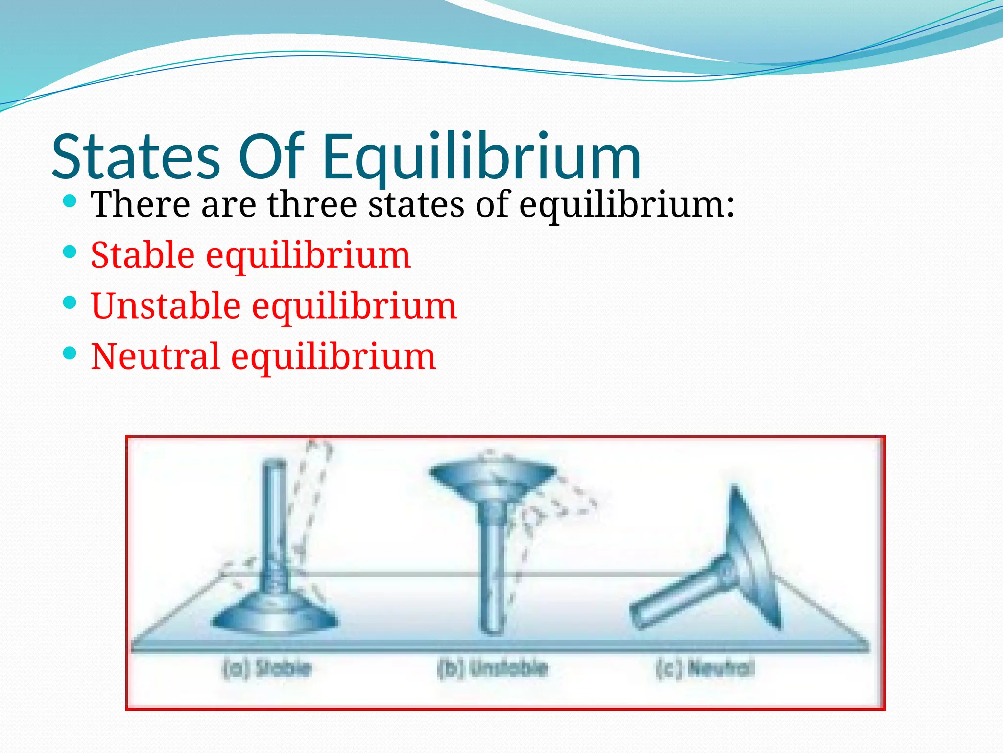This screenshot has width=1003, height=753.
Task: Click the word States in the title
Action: [x=136, y=157]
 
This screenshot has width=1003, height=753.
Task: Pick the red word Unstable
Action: [x=166, y=306]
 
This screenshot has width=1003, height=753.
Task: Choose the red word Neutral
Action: [x=155, y=356]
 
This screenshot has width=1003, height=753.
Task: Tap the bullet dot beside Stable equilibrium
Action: [x=70, y=252]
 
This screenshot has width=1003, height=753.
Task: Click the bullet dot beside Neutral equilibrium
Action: [x=70, y=353]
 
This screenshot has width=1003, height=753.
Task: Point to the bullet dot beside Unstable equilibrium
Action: [x=70, y=302]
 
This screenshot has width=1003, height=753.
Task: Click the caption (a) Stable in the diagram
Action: [x=267, y=668]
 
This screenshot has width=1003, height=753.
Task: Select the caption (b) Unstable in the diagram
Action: [x=492, y=668]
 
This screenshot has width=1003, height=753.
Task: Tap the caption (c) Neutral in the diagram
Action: [x=705, y=668]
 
